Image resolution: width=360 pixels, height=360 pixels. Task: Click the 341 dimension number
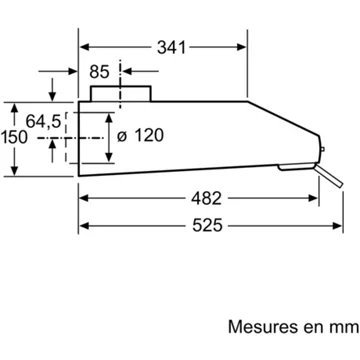pyautogui.click(x=171, y=48)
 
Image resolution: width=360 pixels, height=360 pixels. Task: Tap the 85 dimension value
pyautogui.click(x=99, y=72)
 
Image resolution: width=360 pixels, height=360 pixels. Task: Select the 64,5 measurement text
pyautogui.click(x=44, y=121)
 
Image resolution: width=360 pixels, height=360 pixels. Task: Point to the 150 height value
pyautogui.click(x=14, y=137)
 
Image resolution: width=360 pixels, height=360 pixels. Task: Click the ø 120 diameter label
pyautogui.click(x=140, y=136)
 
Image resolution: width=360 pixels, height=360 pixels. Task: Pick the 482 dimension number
pyautogui.click(x=206, y=199)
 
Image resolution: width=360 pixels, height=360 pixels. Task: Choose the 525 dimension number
pyautogui.click(x=207, y=226)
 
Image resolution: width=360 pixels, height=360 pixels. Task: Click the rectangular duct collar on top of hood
pyautogui.click(x=121, y=94)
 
